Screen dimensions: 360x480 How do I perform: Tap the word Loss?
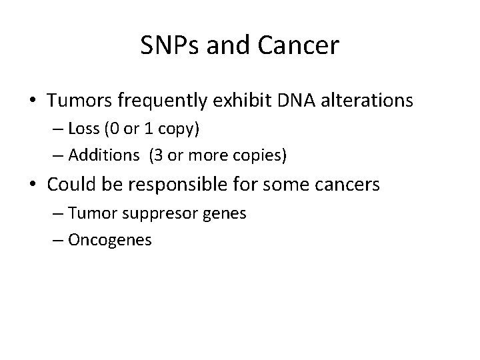click(x=83, y=129)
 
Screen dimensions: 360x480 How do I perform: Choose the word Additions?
click(x=103, y=157)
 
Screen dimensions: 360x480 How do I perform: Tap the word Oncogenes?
click(x=110, y=240)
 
